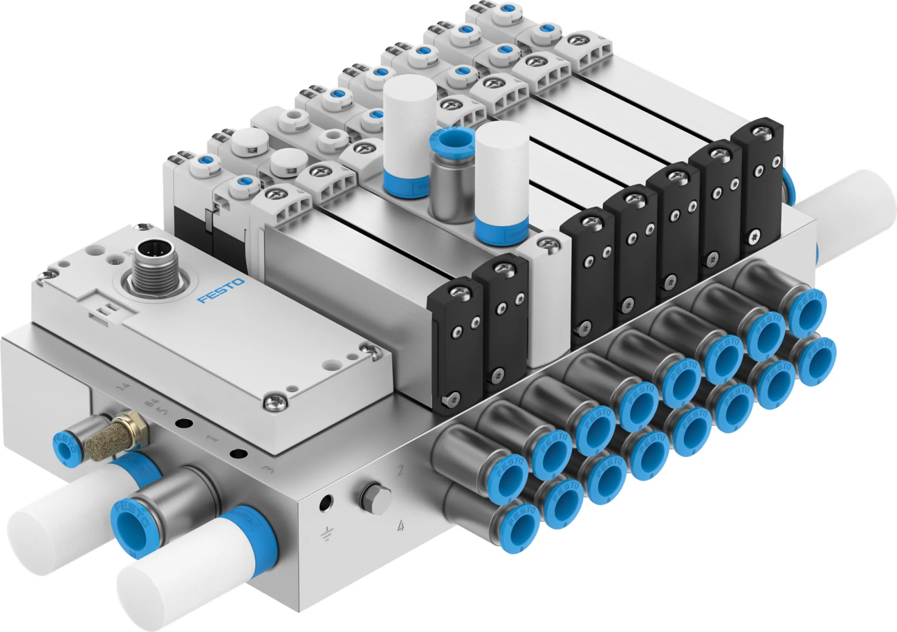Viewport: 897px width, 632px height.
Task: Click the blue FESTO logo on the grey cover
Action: click(x=221, y=291)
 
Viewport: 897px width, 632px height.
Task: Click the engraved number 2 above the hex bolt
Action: click(x=400, y=470)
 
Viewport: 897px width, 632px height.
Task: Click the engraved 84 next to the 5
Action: click(x=150, y=404)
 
